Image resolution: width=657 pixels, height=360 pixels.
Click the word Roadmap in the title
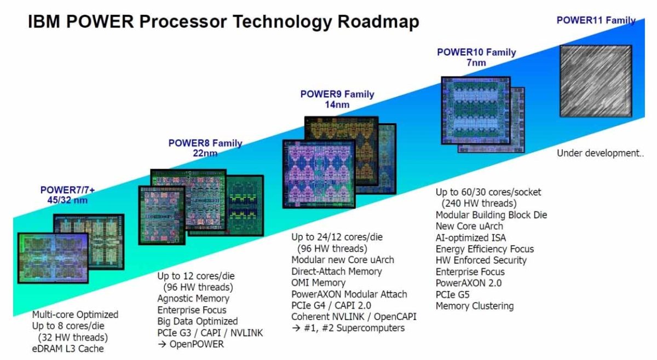click(378, 22)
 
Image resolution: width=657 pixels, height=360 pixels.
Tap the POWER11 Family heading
click(596, 20)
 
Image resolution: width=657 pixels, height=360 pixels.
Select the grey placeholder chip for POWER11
click(596, 81)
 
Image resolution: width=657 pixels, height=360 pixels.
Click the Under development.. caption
click(600, 153)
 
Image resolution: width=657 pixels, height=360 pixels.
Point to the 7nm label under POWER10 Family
click(476, 63)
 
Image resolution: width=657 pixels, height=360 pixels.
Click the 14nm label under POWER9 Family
click(337, 104)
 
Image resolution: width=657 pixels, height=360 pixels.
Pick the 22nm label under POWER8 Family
click(205, 153)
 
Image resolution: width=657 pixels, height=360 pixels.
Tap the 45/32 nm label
click(67, 200)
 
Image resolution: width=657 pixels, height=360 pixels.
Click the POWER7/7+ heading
click(67, 190)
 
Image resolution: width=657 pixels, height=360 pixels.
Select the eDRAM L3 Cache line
click(68, 349)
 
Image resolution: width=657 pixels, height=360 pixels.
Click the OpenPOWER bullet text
click(197, 344)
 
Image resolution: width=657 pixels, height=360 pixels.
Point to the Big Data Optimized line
click(198, 321)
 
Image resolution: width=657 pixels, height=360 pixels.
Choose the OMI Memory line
click(318, 283)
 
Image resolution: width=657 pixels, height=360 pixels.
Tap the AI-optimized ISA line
click(470, 238)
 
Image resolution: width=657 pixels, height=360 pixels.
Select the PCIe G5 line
click(452, 294)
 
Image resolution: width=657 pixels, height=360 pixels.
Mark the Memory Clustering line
click(475, 306)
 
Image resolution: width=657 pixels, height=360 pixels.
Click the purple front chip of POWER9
click(319, 174)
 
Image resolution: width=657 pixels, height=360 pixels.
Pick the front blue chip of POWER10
click(476, 111)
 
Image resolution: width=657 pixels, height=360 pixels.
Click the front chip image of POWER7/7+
click(53, 258)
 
